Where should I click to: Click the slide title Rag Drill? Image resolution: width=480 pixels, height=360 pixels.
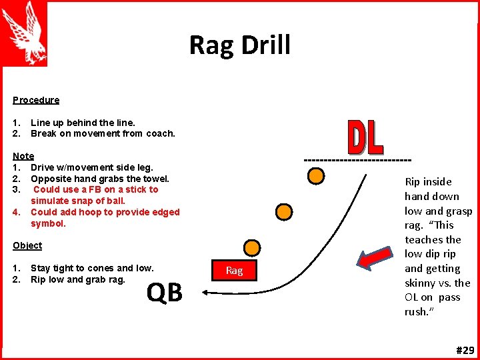(x=240, y=45)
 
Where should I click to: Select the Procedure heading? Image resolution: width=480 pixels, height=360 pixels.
(x=36, y=100)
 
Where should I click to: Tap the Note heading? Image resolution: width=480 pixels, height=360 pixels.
(x=23, y=156)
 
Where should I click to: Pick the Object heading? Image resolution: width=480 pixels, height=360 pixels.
(x=27, y=245)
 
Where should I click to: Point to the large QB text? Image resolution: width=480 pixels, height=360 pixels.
(x=165, y=292)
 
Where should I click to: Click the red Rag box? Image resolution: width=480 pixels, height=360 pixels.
(x=234, y=270)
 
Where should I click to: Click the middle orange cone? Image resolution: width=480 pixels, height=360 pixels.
(x=285, y=212)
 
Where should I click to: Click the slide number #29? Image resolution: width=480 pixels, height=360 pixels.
(x=465, y=350)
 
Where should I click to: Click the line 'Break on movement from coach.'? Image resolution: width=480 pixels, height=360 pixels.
(x=103, y=133)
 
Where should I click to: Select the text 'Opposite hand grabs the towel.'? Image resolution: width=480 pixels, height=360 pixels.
(x=100, y=179)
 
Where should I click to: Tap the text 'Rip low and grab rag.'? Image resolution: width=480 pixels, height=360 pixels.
(x=78, y=279)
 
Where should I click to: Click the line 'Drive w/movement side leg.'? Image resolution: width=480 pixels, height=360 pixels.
(x=92, y=167)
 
